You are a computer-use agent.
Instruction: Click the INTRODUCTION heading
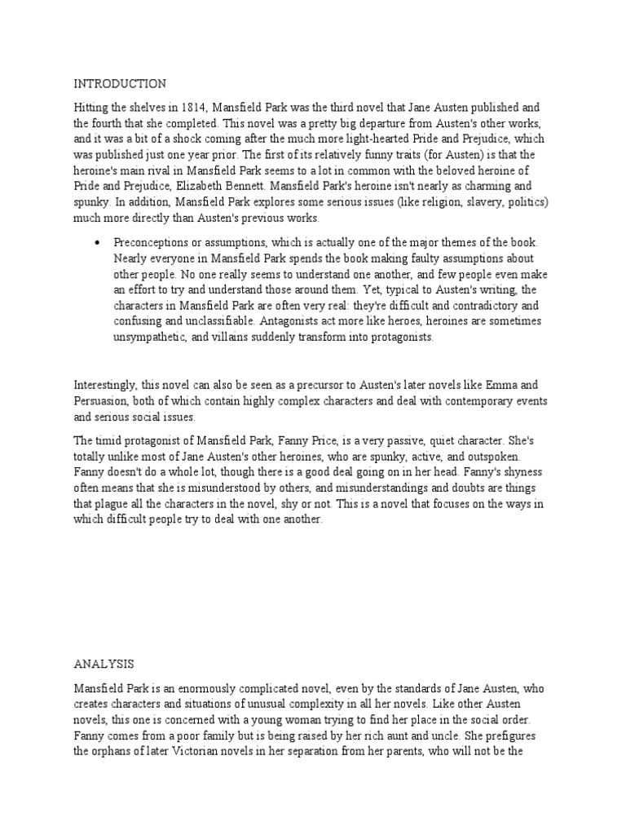pyautogui.click(x=120, y=83)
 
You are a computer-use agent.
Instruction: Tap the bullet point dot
pyautogui.click(x=97, y=243)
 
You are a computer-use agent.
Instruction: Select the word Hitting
pyautogui.click(x=92, y=108)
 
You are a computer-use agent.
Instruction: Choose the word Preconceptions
pyautogui.click(x=154, y=243)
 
